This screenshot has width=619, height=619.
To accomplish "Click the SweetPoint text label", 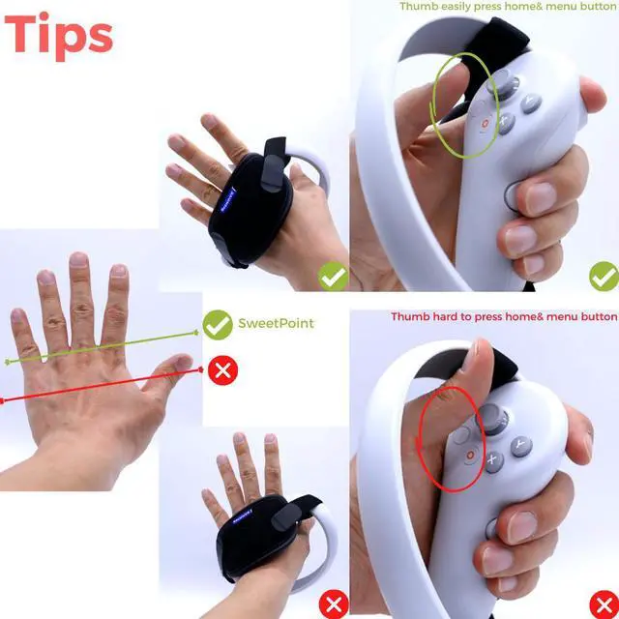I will (276, 323).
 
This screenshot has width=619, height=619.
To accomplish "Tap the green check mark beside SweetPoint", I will (218, 324).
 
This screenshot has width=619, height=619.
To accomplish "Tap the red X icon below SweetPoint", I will (222, 369).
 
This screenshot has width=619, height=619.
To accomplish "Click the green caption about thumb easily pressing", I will (508, 7).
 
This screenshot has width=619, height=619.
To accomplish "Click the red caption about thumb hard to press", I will (503, 316).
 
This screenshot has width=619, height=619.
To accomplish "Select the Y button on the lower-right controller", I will (521, 446).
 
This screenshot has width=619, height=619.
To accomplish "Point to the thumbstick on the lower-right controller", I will (494, 419).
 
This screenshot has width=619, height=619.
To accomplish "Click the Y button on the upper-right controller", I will (531, 103).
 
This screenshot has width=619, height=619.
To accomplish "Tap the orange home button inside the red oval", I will (470, 453).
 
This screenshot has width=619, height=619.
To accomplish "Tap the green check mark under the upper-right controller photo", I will (604, 278).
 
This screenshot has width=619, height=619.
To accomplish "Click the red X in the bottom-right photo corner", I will (604, 604).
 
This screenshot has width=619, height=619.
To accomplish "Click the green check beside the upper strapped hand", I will (334, 279).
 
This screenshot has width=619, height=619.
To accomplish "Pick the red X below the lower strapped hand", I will (334, 605).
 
